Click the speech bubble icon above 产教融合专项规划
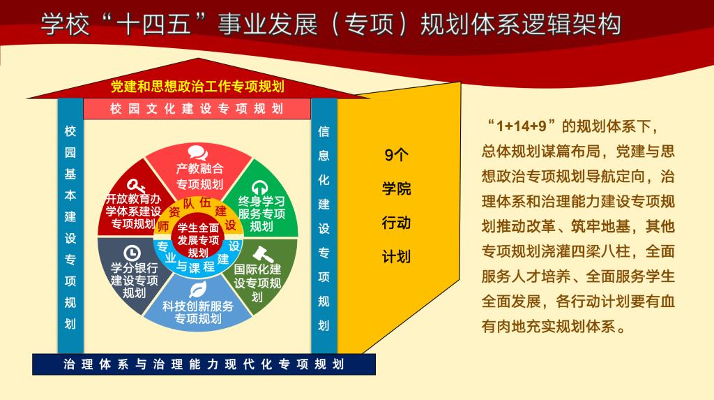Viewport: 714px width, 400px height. (198, 153)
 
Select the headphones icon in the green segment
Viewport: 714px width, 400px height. (259, 188)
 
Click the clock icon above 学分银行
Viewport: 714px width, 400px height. (132, 253)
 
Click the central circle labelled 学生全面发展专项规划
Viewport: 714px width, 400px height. (198, 240)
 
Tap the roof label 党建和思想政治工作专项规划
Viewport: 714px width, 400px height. (197, 86)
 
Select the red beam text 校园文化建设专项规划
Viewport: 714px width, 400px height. (197, 109)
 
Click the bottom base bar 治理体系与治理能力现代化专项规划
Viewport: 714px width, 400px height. (204, 364)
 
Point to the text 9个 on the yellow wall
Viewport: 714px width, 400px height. (396, 155)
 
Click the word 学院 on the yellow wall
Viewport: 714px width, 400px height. (396, 188)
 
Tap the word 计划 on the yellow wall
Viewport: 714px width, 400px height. (396, 257)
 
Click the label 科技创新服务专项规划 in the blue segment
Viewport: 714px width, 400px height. (197, 312)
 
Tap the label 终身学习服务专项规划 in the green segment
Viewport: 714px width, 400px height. (261, 214)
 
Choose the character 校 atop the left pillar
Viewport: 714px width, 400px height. (70, 131)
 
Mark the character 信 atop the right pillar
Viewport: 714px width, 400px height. (324, 131)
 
